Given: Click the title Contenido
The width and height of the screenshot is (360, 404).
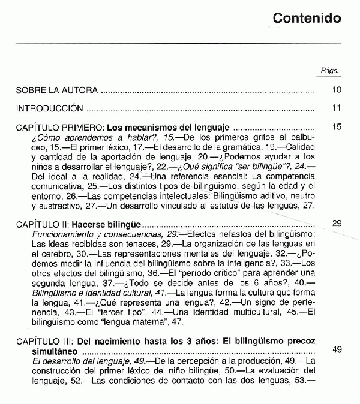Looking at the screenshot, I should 307,18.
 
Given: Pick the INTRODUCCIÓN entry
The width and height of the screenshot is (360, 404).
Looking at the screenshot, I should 49,108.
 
